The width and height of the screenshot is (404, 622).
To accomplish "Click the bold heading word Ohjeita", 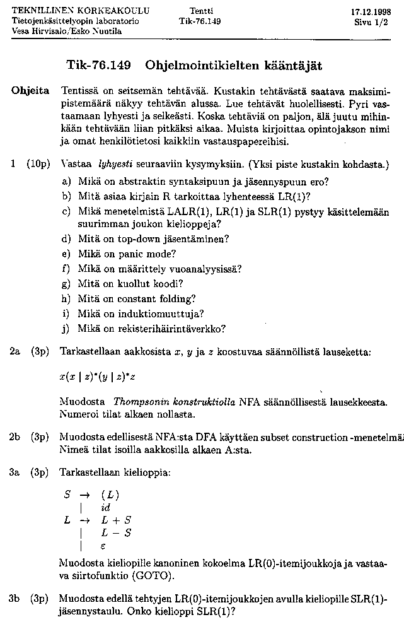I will (x=30, y=91).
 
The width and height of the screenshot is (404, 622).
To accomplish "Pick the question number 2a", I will (x=16, y=351).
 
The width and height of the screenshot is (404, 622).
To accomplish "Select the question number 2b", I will (x=16, y=436).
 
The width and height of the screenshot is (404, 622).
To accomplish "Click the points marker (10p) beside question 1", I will (x=39, y=165).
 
